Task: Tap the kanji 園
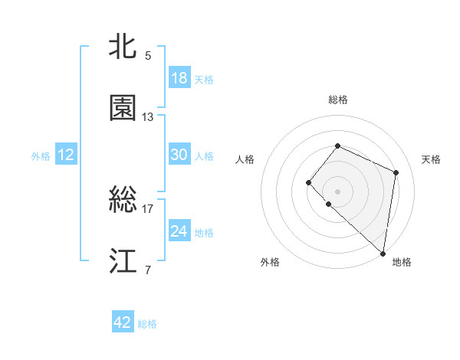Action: coord(123,108)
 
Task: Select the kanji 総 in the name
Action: coord(123,200)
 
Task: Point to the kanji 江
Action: coord(123,261)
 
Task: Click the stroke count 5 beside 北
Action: coord(147,55)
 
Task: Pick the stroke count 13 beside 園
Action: coord(148,117)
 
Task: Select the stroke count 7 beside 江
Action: coord(147,270)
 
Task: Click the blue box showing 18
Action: coord(179,78)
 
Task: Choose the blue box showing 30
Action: coord(179,155)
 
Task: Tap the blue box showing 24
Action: coord(179,231)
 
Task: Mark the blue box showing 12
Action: coord(66,155)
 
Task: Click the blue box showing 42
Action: coord(123,322)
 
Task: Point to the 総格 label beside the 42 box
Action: coord(148,324)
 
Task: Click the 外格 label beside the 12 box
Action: coord(41,156)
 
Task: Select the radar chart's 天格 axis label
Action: coord(432,159)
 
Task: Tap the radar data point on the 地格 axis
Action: coord(383,254)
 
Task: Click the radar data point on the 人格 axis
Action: coord(308,182)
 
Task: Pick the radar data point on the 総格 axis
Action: coord(337,146)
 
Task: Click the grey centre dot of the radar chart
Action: coord(337,191)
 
